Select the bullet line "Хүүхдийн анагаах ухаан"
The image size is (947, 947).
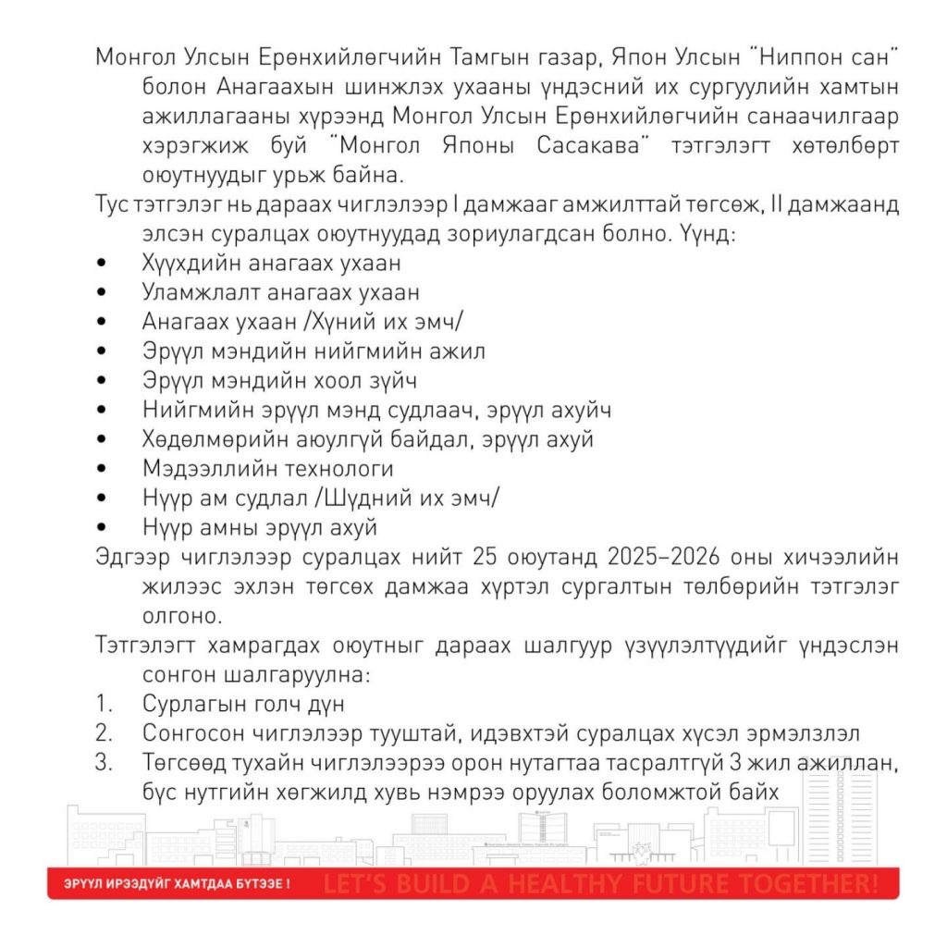point(271,264)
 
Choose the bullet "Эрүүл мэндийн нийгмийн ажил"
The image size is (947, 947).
point(314,351)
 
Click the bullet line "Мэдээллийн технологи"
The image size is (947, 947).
point(268,469)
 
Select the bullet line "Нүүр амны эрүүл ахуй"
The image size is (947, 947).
point(260,528)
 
